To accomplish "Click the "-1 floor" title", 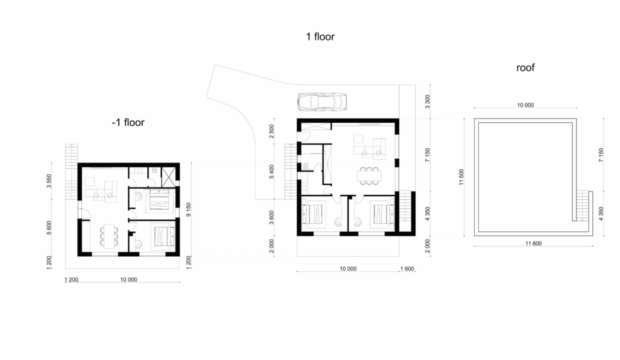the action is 128,122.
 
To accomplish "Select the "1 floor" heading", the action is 320,36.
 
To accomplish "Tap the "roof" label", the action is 525,67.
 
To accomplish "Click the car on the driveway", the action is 322,102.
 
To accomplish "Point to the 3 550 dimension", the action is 49,180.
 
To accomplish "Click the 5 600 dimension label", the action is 49,227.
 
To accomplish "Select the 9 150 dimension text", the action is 188,209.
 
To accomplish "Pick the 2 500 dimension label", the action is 271,131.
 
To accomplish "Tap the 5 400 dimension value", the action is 271,171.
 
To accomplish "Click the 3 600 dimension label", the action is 271,217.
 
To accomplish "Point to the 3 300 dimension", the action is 427,101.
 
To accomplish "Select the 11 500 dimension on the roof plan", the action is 461,177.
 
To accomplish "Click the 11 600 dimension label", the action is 533,243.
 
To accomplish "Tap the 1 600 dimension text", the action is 407,268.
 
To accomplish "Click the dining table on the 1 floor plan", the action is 369,175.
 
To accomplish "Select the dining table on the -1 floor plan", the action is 109,236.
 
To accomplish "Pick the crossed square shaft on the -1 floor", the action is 168,177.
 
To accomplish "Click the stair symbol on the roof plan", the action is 582,205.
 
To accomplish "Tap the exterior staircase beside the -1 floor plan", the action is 71,171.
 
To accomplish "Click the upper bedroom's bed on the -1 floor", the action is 159,199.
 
